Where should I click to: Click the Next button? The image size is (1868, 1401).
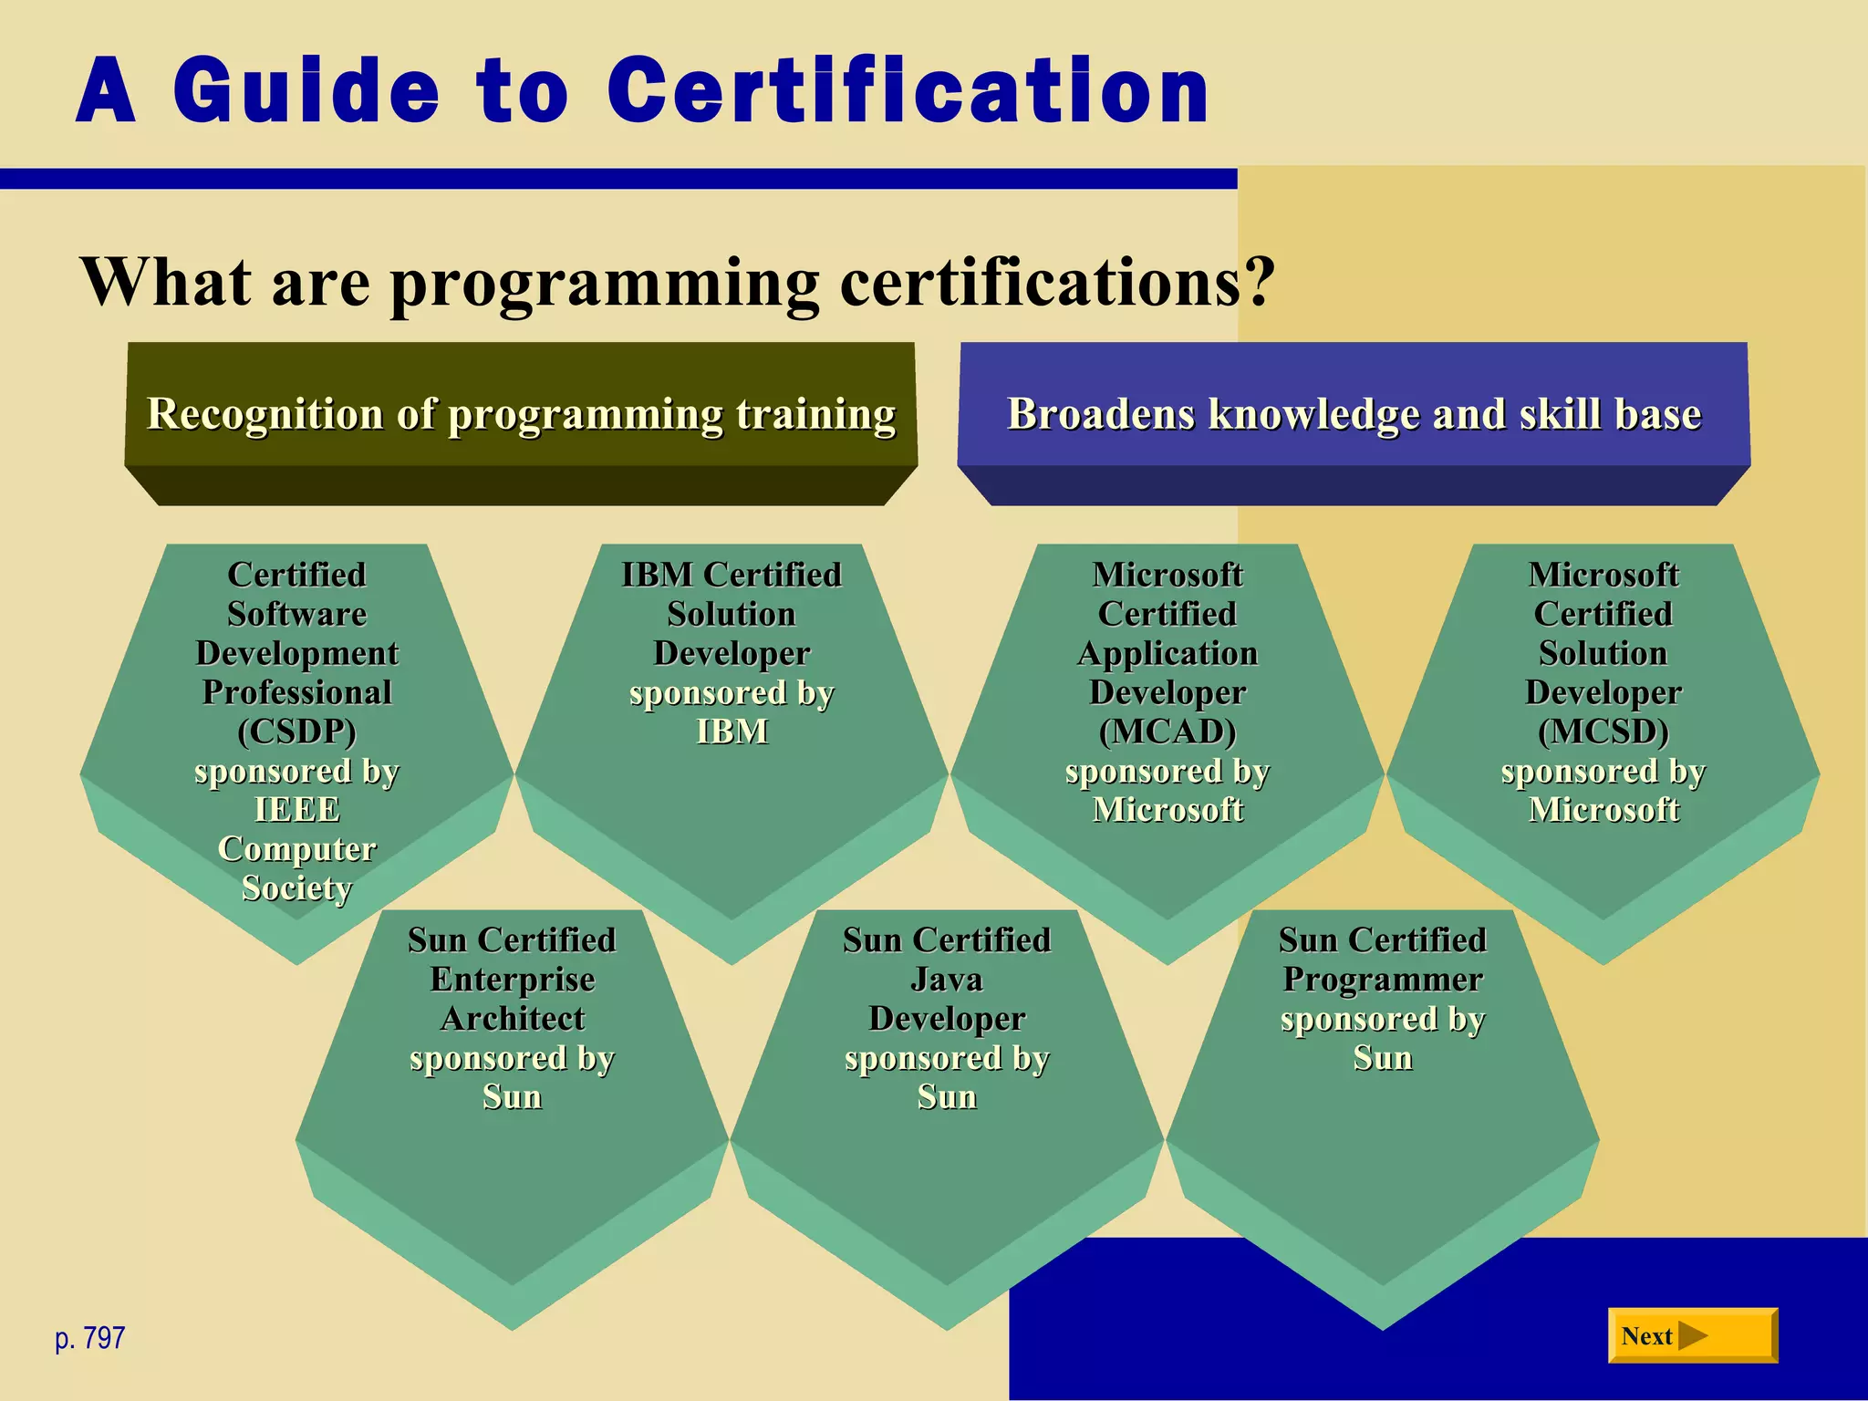coord(1692,1335)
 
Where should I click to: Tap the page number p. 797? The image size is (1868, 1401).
coord(89,1338)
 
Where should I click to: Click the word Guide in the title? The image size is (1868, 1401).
coord(306,91)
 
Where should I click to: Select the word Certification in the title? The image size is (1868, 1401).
coord(908,91)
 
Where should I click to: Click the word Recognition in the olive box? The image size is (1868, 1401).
coord(265,414)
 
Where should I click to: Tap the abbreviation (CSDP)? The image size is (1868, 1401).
coord(297,732)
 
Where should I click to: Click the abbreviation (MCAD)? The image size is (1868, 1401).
coord(1167,732)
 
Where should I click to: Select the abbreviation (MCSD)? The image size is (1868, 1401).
coord(1603,732)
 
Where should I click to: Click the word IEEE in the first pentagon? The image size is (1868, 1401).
coord(297,810)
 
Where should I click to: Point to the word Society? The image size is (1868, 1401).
coord(297,888)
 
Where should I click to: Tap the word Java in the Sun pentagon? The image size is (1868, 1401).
coord(947,980)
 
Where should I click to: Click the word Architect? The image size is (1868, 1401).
coord(513,1019)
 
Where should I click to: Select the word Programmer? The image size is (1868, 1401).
coord(1383,980)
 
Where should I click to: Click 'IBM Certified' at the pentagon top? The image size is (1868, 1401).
coord(732,575)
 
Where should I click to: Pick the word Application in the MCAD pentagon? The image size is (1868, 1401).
coord(1167,653)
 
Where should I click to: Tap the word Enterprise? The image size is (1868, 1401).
coord(513,980)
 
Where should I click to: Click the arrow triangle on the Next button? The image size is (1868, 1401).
coord(1692,1335)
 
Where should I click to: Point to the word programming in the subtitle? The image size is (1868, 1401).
coord(605,283)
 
